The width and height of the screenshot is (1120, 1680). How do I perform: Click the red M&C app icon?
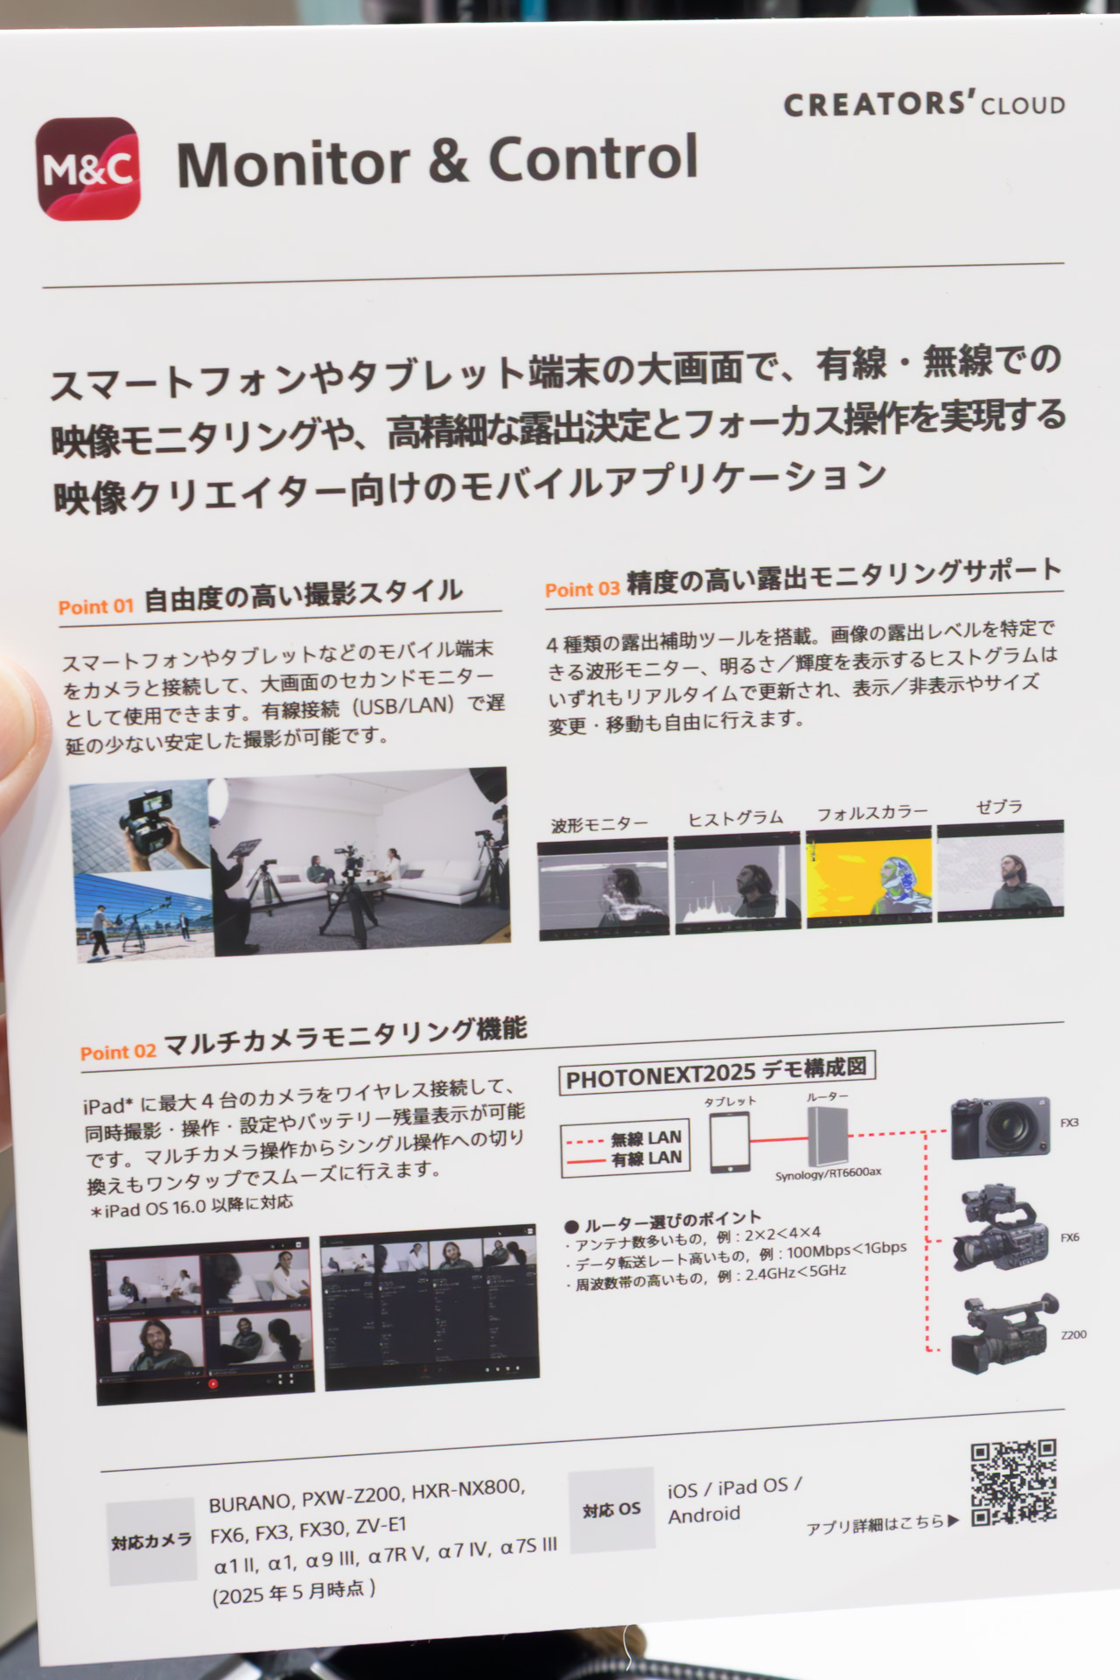pos(88,168)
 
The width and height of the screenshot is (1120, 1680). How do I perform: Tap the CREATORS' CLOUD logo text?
pos(923,105)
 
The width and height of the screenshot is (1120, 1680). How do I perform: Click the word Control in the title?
pos(592,158)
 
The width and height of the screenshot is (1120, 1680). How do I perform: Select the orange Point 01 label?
pos(95,606)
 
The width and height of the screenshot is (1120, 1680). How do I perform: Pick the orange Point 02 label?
pos(118,1051)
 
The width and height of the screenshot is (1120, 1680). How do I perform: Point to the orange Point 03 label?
pos(582,589)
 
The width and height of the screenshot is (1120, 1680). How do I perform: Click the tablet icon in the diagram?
pos(729,1142)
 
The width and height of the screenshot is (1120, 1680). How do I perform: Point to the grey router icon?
pos(827,1135)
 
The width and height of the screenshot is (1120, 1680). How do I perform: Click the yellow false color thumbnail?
pos(869,879)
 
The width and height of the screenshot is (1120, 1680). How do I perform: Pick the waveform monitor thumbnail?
pos(603,888)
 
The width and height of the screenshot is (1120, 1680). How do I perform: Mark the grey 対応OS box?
pos(612,1508)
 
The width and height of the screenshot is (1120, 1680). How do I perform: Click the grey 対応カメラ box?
pos(151,1541)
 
